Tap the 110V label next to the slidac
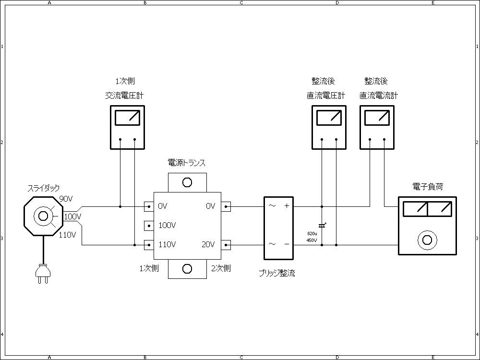(x=67, y=235)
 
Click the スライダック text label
(x=44, y=189)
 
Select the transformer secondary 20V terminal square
(x=226, y=245)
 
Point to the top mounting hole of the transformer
(x=187, y=182)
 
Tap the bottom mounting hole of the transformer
(x=187, y=269)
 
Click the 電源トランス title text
(x=187, y=163)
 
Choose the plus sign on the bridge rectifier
(x=287, y=206)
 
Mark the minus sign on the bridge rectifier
(x=287, y=244)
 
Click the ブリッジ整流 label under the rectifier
(x=277, y=273)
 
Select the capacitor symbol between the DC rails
(x=322, y=225)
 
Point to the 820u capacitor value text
(x=312, y=233)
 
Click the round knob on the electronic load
(x=427, y=240)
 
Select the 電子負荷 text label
(x=427, y=187)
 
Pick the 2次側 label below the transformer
(x=221, y=268)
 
